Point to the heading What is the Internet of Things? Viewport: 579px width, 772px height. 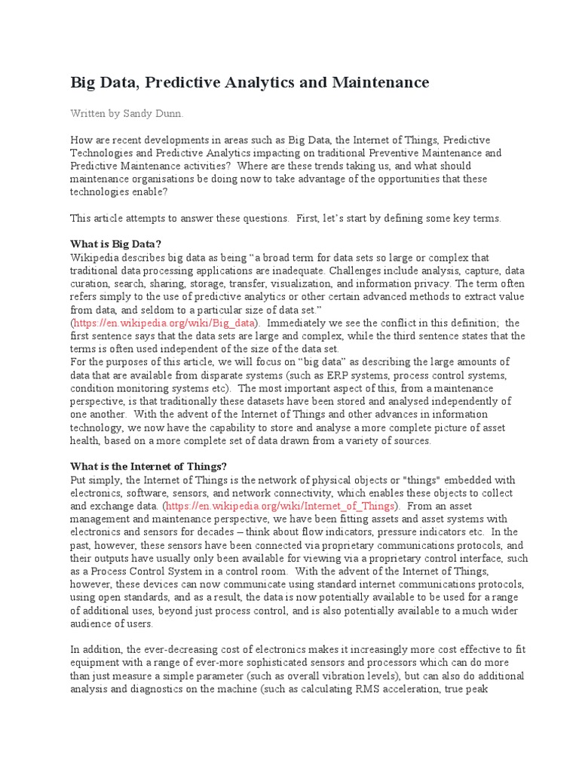coord(148,466)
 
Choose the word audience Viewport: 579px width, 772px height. coord(94,623)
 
